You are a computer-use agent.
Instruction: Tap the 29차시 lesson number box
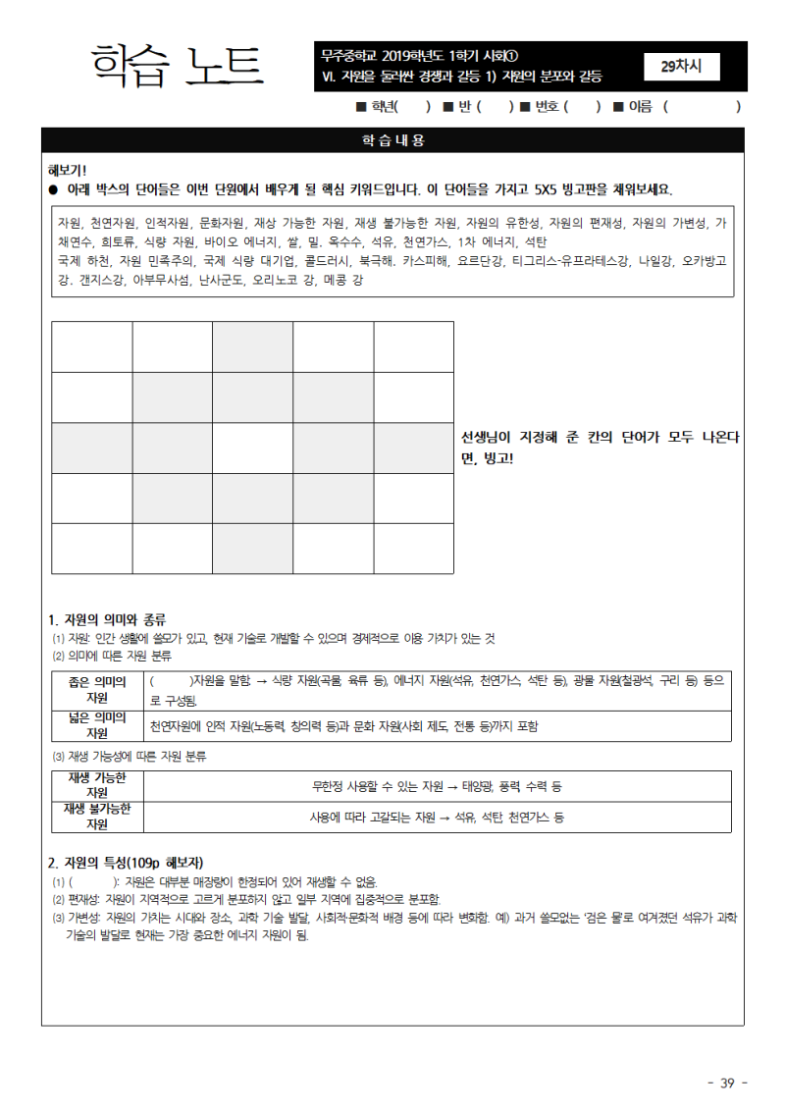[682, 67]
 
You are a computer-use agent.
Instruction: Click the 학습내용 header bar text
[392, 140]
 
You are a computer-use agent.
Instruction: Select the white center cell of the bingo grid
[252, 448]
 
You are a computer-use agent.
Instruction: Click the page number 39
[727, 1083]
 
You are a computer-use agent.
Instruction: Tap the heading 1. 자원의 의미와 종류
[107, 619]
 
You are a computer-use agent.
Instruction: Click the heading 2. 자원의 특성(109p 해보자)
[126, 863]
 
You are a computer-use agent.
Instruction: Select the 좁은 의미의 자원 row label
[97, 689]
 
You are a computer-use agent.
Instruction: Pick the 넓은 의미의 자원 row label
[97, 725]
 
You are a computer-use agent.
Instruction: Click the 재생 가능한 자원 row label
[97, 785]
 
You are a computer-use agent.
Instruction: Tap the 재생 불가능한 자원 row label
[97, 817]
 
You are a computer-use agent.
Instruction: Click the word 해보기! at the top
[68, 170]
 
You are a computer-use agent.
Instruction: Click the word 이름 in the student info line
[640, 106]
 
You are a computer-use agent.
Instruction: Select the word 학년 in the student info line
[382, 106]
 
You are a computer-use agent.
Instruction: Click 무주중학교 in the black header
[351, 55]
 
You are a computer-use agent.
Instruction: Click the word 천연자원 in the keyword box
[109, 223]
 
